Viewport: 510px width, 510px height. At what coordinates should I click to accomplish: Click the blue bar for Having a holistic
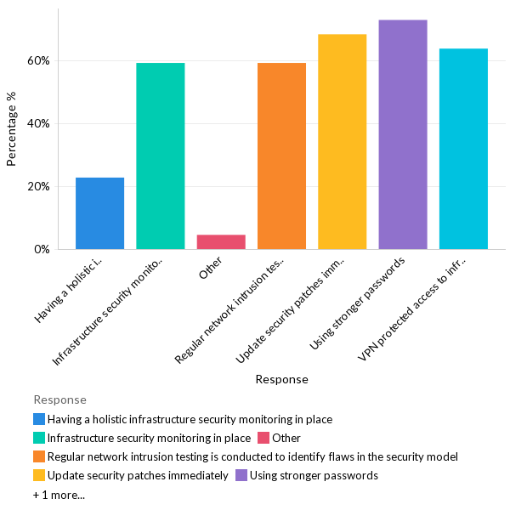pos(99,213)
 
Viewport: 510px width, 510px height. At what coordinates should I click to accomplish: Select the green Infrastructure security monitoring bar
pos(161,156)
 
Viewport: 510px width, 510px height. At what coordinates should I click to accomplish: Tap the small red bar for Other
pos(221,242)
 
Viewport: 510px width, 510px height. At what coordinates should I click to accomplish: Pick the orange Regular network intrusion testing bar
pos(281,156)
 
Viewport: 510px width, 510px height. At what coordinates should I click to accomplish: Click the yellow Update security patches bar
pos(342,142)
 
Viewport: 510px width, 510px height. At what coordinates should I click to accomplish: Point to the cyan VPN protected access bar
pos(463,149)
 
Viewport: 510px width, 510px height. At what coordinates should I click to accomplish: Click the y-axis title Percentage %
pos(12,128)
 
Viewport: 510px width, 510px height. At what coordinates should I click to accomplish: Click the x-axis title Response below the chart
pos(281,380)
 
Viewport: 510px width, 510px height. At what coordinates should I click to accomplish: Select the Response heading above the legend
pos(59,399)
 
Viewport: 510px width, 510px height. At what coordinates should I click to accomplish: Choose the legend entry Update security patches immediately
pos(138,475)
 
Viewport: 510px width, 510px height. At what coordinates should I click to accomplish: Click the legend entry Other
pos(286,438)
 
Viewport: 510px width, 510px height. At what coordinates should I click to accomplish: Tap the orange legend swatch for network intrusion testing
pos(39,456)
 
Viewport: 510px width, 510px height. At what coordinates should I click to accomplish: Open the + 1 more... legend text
pos(59,495)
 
